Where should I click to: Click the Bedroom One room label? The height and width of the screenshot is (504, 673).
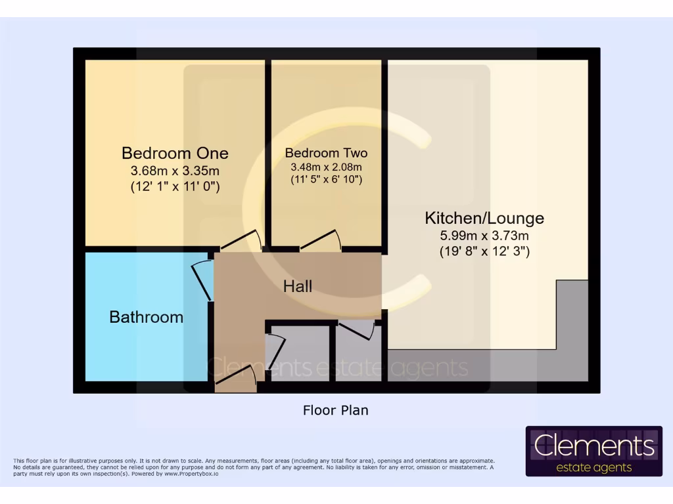tap(175, 153)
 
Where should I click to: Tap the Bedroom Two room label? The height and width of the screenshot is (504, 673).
tap(326, 153)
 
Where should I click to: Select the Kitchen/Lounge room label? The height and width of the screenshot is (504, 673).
tap(484, 218)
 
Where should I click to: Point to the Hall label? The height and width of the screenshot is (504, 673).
tap(298, 286)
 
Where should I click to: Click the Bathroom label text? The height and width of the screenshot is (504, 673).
tap(146, 317)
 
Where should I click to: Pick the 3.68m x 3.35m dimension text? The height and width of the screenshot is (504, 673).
tap(175, 171)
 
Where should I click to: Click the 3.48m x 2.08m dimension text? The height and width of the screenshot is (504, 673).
tap(326, 167)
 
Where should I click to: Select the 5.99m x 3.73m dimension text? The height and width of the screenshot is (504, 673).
tap(484, 236)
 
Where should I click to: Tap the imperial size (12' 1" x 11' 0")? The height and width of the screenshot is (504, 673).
tap(175, 187)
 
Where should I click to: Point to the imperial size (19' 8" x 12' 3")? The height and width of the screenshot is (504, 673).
tap(484, 251)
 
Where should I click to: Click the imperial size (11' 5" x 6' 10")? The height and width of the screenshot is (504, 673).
tap(326, 179)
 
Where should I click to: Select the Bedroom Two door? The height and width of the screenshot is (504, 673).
tap(321, 241)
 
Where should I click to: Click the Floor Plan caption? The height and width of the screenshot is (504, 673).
tap(335, 411)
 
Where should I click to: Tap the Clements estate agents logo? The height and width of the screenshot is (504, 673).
tap(593, 451)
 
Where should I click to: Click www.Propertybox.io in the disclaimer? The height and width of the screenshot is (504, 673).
tap(191, 473)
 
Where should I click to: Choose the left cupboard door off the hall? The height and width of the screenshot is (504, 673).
tap(275, 351)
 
